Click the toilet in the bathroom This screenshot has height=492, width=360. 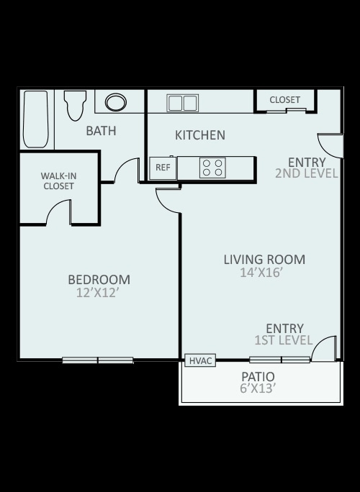75,106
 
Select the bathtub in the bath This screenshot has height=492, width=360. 36,119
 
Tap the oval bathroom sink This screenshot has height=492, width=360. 116,102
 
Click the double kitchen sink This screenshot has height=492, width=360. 182,103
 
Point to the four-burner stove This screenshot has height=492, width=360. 212,168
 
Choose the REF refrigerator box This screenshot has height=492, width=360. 163,168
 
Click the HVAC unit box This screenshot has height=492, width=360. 200,360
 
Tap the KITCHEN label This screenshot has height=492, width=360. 200,135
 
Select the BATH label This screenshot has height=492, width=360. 101,131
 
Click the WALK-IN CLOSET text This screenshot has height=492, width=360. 59,181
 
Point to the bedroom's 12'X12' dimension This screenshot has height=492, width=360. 98,293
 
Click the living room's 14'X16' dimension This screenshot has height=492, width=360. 260,273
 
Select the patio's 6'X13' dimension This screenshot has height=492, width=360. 258,388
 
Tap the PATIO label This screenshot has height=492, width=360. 258,376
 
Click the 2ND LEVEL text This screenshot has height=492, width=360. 307,173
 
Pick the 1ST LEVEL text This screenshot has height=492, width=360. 284,340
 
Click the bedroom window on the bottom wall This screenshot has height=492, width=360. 98,360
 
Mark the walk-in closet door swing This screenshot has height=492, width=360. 59,211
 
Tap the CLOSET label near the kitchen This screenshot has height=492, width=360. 285,100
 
